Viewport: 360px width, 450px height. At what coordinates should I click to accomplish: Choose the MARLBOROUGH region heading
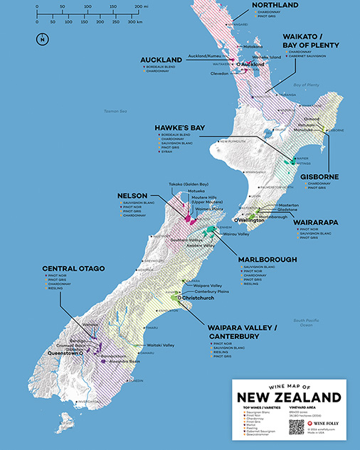(267, 259)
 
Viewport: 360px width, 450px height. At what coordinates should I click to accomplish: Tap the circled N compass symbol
(43, 39)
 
